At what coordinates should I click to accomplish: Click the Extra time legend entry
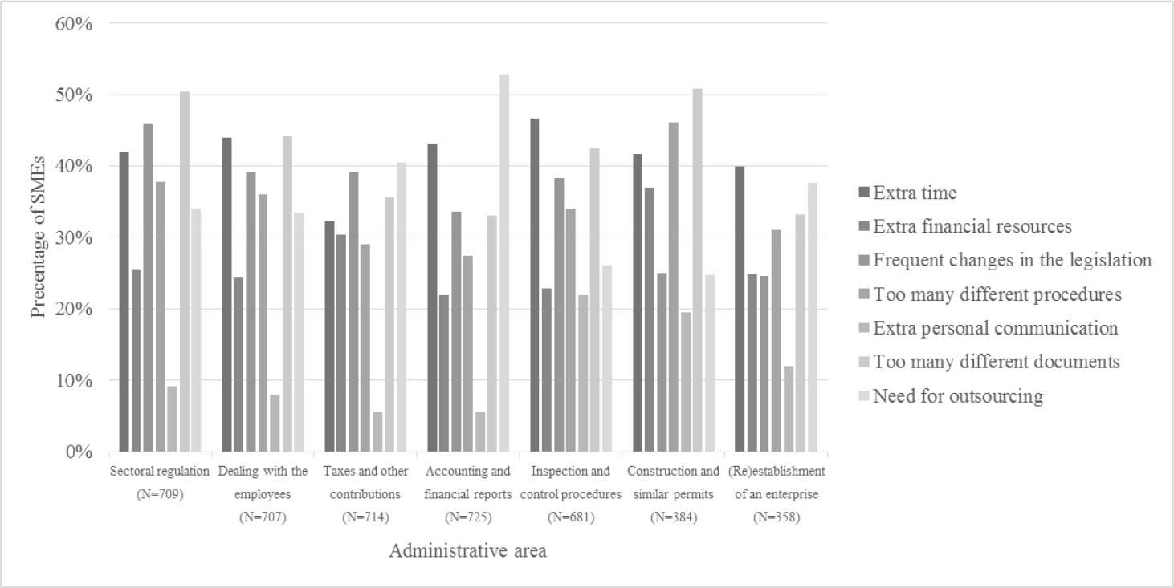click(x=915, y=193)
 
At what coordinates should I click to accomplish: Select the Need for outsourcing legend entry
click(x=957, y=395)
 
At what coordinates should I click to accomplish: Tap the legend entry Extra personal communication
click(x=995, y=328)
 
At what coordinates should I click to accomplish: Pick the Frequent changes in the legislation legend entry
click(x=1012, y=260)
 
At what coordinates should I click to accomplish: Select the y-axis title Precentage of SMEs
click(x=39, y=237)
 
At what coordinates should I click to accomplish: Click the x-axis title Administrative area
click(x=467, y=551)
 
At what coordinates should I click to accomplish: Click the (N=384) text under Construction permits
click(x=673, y=517)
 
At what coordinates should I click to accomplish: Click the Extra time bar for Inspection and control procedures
click(x=535, y=285)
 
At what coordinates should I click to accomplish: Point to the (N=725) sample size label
click(x=467, y=517)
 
